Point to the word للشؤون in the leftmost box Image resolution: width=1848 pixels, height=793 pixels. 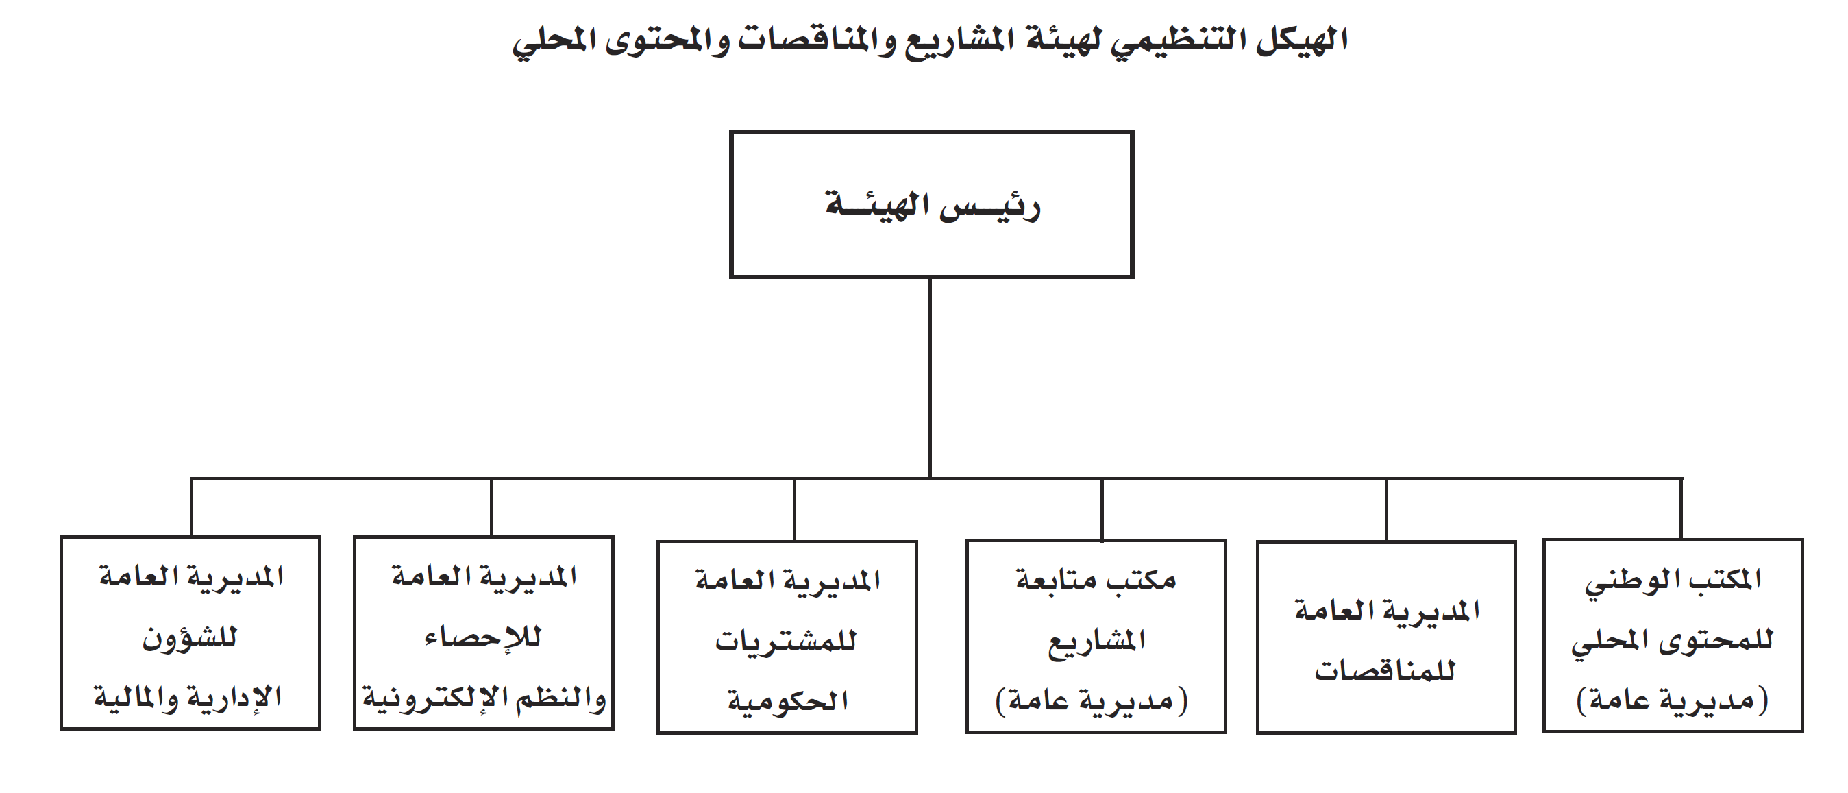[x=189, y=637]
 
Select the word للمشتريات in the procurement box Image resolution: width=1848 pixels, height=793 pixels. [x=785, y=640]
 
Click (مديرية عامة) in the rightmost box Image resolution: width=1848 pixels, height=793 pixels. [x=1672, y=700]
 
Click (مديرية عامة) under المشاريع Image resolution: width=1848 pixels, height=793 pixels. [x=1091, y=700]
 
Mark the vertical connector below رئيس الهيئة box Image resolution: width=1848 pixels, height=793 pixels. [x=930, y=378]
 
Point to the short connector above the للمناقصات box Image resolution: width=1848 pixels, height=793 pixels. [x=1386, y=509]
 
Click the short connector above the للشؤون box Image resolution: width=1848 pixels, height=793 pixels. [x=192, y=507]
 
